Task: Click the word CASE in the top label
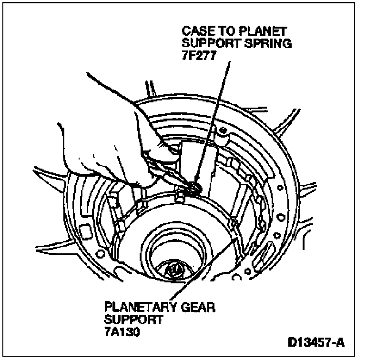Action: pyautogui.click(x=195, y=31)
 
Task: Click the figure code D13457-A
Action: pyautogui.click(x=316, y=342)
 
